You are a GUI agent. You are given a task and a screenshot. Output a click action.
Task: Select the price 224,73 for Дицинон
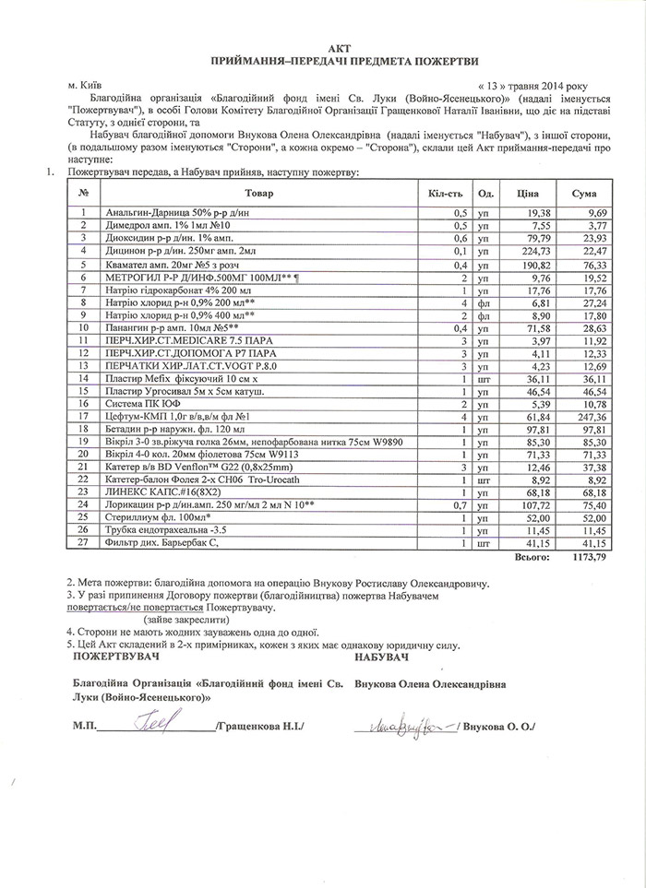tap(535, 250)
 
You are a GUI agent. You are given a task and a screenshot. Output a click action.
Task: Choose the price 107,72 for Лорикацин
tap(535, 506)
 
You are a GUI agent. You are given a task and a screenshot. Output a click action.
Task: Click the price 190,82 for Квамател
tap(535, 263)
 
